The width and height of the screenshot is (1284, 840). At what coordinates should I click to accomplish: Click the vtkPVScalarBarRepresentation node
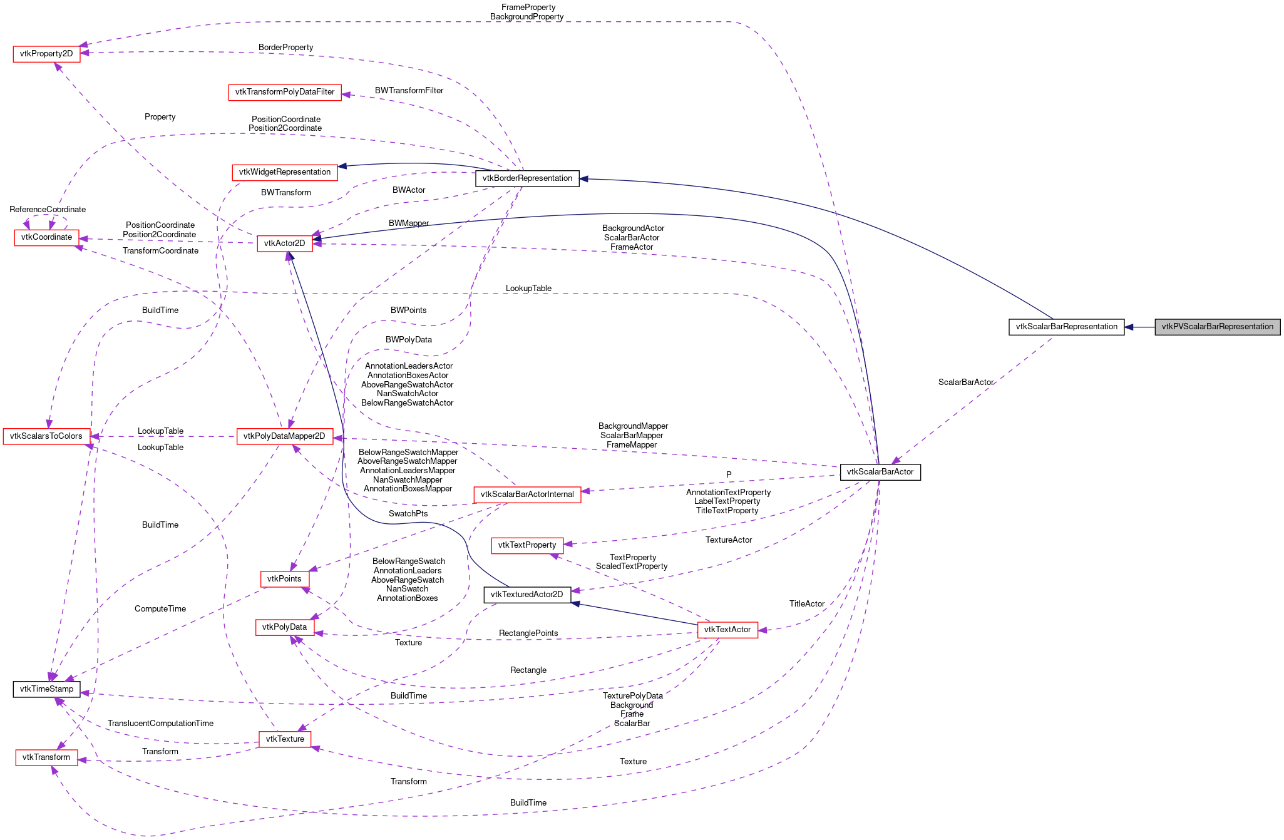(1217, 327)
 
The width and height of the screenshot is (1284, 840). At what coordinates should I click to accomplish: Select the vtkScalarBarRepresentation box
(1066, 327)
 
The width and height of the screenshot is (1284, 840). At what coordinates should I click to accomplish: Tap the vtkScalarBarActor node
(880, 472)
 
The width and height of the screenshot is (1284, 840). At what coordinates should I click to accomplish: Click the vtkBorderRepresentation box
(527, 178)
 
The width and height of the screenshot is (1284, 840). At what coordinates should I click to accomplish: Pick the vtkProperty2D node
(46, 54)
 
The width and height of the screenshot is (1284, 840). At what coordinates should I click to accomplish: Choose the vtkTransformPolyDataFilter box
(285, 92)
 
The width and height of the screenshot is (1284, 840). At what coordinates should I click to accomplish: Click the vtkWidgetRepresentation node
(285, 172)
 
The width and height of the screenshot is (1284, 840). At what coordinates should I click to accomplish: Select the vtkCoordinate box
(46, 237)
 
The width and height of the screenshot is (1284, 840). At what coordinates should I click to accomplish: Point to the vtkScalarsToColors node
(46, 436)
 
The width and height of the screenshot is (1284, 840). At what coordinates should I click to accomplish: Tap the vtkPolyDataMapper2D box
(284, 436)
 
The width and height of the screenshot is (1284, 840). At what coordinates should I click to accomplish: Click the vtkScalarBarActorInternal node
(527, 494)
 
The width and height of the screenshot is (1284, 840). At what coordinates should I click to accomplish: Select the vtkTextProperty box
(527, 545)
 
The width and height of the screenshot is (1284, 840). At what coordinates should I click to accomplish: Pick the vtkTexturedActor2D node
(527, 595)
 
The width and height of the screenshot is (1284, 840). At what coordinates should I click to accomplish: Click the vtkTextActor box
(727, 630)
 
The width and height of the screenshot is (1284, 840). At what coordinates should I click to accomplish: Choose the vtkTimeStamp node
(46, 689)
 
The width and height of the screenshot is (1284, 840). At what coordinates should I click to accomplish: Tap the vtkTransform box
(46, 757)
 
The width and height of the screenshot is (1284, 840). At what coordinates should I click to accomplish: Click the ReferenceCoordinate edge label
(48, 210)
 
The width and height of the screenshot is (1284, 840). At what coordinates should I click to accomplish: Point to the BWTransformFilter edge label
(409, 91)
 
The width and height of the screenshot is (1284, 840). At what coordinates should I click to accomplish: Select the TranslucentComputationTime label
(160, 724)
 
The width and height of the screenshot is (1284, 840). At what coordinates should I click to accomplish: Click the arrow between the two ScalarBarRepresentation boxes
(1139, 327)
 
